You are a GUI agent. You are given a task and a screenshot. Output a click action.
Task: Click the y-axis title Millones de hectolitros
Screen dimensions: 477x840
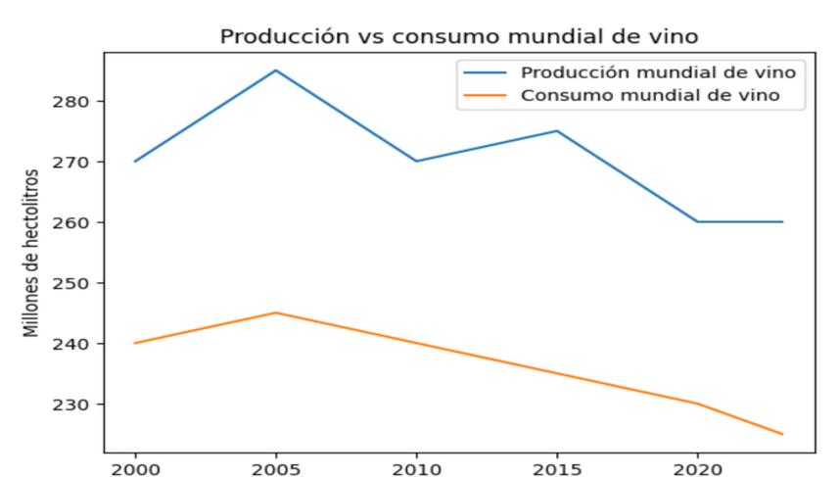(x=33, y=253)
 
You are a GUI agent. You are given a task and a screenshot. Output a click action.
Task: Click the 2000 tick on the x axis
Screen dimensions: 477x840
(x=135, y=467)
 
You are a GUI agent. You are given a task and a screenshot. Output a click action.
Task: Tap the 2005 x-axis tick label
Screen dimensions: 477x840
(x=276, y=467)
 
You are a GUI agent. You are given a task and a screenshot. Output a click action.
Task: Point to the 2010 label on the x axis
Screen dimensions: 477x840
(x=417, y=467)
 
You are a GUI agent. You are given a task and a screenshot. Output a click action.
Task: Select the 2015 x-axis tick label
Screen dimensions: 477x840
(x=557, y=467)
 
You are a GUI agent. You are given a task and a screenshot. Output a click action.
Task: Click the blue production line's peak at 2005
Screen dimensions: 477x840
(x=276, y=71)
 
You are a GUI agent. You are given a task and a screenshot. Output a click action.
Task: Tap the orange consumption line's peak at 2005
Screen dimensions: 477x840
(x=276, y=312)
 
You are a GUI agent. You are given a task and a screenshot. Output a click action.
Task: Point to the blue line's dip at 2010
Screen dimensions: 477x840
(x=417, y=161)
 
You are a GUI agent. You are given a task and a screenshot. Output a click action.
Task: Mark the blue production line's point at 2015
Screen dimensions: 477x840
(x=557, y=130)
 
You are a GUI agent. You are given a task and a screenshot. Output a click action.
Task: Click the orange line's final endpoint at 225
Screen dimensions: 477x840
(x=782, y=434)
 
